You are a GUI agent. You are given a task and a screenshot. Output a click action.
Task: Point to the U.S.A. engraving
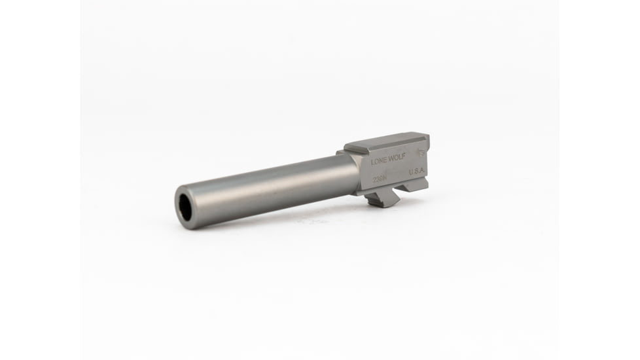(x=418, y=171)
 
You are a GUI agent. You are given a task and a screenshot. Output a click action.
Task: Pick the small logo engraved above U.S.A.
(x=420, y=154)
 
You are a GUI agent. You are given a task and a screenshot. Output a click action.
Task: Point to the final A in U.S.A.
(x=424, y=171)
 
